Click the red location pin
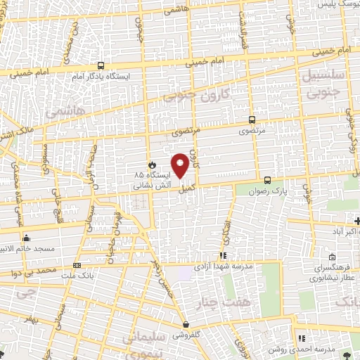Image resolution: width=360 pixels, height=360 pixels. tap(181, 165)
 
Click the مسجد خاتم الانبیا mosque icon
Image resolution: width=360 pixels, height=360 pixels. tap(26, 237)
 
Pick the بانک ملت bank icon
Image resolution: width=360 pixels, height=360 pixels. tap(77, 265)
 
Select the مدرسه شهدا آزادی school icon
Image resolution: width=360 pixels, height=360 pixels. tap(224, 255)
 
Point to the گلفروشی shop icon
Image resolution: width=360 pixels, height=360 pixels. tap(186, 324)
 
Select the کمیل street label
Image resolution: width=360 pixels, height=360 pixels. tap(186, 189)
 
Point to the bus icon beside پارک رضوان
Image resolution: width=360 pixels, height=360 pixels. tap(266, 180)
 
